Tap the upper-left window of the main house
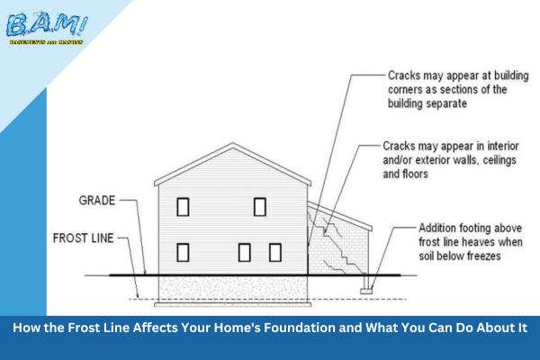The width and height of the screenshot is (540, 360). [x=183, y=207]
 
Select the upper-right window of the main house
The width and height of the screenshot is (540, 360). [x=259, y=207]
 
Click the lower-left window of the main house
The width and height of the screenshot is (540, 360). [x=183, y=251]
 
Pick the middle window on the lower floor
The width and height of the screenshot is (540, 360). [x=244, y=251]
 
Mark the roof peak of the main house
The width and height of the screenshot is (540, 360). [x=233, y=145]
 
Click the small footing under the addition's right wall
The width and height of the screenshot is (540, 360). [x=366, y=289]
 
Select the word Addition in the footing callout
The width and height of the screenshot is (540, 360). [x=441, y=229]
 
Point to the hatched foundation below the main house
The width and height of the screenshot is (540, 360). [x=233, y=287]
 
